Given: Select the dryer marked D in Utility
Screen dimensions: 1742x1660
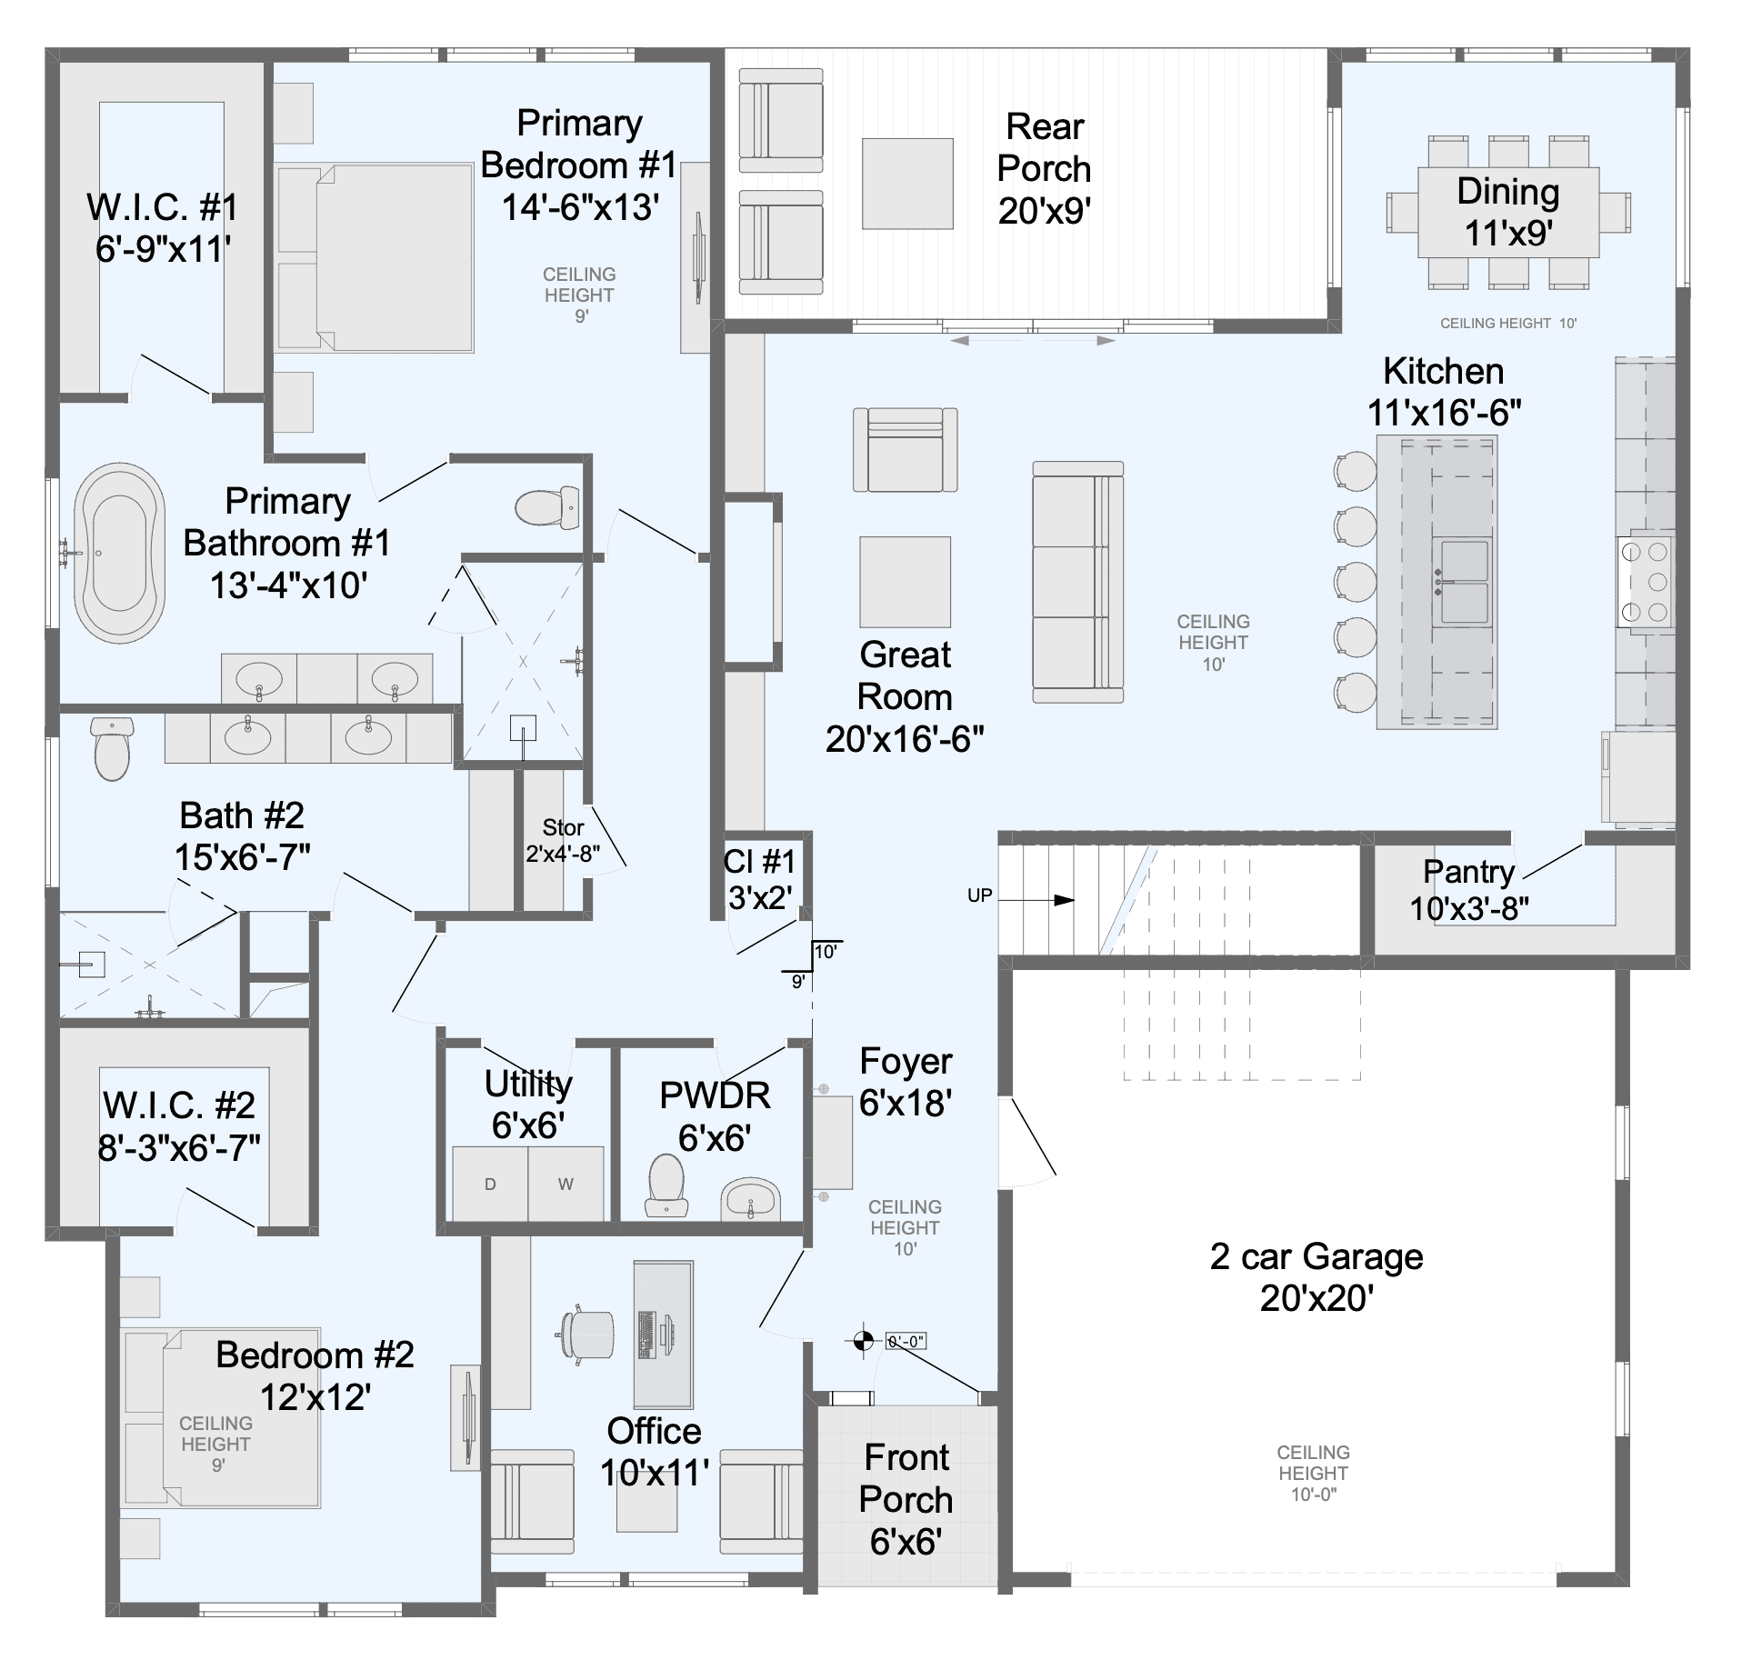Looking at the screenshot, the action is click(490, 1184).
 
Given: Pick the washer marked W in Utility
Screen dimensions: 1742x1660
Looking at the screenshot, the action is click(566, 1184).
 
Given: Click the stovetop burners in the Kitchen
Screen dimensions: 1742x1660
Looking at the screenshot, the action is click(1645, 581).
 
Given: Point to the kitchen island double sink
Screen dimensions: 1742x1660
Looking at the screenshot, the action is click(1461, 582).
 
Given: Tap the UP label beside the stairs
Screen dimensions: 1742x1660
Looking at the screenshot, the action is click(979, 895).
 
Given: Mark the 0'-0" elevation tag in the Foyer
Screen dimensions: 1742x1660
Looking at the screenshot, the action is click(906, 1341).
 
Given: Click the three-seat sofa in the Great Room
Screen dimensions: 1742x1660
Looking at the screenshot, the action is click(1077, 582).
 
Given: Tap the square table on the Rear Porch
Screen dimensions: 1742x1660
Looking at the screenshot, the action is click(907, 184).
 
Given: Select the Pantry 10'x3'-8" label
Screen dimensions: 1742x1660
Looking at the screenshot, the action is click(1468, 889).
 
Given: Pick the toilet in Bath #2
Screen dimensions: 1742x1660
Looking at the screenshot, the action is click(113, 748).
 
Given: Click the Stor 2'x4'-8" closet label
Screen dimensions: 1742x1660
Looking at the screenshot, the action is click(563, 841).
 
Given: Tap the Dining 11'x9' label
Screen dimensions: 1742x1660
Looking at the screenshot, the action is click(1508, 212).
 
